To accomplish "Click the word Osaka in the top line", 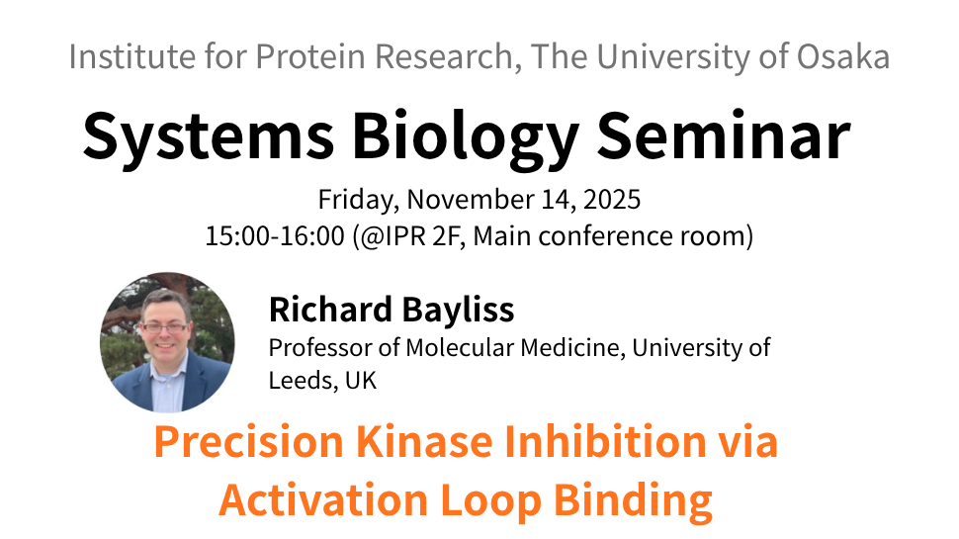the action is tap(843, 56).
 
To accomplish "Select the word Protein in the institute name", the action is tap(310, 56).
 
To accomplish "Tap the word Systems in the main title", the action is tap(209, 136).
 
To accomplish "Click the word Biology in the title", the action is tap(465, 136).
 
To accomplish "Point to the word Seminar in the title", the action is tap(724, 135).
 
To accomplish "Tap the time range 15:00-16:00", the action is tap(275, 236).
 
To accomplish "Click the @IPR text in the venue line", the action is tap(389, 236).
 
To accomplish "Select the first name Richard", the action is tap(330, 309).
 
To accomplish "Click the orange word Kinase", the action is tap(424, 442).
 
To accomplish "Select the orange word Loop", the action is tap(490, 500).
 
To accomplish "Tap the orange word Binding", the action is tap(633, 500).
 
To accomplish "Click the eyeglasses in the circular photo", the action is tap(164, 328).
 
